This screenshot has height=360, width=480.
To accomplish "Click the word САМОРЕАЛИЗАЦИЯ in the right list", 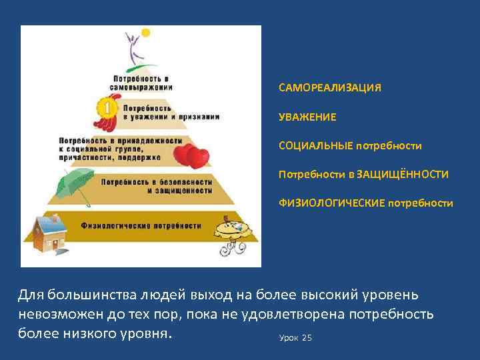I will point(330,88).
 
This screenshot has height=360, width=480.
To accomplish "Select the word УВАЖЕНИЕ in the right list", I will point(307,117).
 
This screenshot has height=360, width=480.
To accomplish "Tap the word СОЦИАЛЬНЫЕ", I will point(315,145).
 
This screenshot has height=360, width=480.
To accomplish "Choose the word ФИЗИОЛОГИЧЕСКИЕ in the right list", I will point(332,203).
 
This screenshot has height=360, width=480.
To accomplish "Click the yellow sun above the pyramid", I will point(145,32).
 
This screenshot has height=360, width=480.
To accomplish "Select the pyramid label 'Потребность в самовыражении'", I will point(141,83).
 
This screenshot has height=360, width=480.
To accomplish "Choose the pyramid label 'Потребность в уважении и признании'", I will point(170,111).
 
